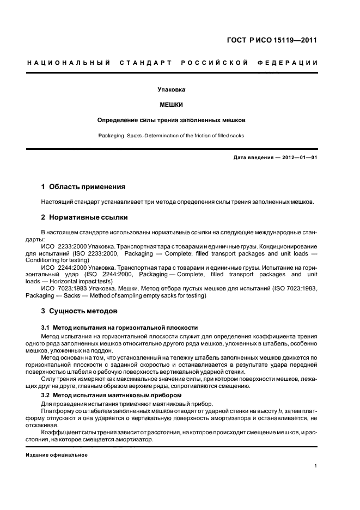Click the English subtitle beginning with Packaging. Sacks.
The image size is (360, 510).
pos(171,135)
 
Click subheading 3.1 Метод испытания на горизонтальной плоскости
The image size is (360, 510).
pos(119,327)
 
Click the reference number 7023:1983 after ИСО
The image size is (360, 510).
pos(71,288)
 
